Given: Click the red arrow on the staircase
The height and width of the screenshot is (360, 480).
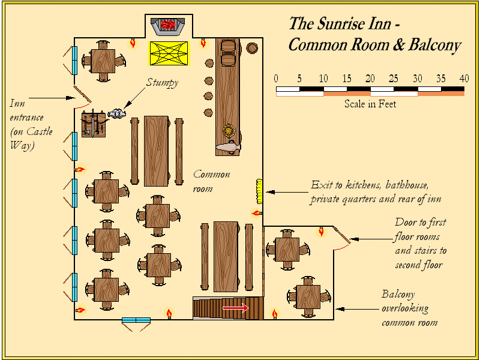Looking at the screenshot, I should coord(235,308).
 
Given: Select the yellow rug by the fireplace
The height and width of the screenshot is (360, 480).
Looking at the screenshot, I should coord(170,53).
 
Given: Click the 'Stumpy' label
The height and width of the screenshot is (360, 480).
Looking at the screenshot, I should coord(162,83).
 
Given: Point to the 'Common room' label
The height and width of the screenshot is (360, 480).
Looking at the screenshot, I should coord(211,181).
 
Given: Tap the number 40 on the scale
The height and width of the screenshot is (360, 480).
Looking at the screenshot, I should coord(464,79).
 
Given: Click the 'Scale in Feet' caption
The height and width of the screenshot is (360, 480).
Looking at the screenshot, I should coord(370,104).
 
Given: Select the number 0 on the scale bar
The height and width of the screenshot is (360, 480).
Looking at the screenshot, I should coord(276,79).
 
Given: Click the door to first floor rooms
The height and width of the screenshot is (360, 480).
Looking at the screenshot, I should coord(343,238).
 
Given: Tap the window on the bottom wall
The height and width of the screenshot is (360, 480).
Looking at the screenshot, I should coord(136,320).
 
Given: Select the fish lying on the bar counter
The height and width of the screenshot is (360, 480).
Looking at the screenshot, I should coord(229,146).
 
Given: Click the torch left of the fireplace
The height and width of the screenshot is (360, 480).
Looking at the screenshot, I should coord(133,43).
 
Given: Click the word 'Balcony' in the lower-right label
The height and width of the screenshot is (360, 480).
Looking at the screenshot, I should coord(398,295).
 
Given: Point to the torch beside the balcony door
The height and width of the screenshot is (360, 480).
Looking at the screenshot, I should coord(322,231).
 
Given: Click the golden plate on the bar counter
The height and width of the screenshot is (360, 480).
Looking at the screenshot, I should coord(228,131).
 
